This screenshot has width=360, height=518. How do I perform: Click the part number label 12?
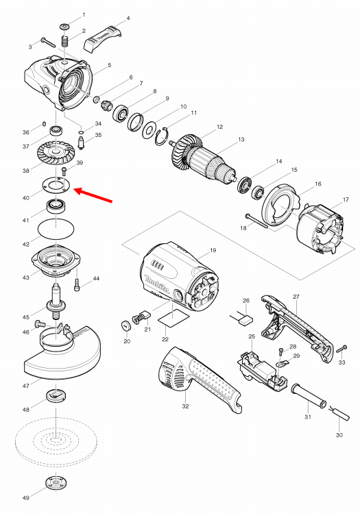(219, 127)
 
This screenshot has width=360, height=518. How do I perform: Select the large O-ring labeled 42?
(56, 228)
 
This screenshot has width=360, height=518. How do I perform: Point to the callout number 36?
(25, 132)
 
